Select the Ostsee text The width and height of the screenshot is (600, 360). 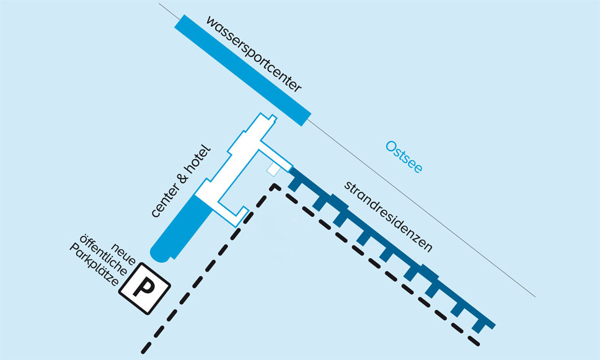404,157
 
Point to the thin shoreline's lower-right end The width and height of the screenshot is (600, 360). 534,296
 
